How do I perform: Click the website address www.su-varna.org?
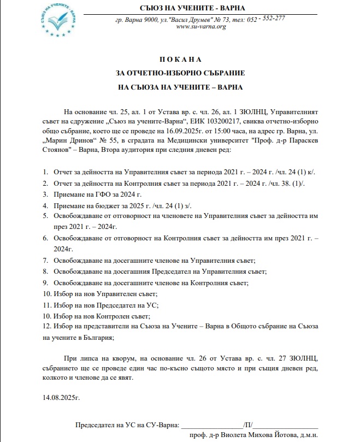(x=202, y=26)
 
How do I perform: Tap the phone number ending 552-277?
(x=274, y=18)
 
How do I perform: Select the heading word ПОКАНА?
(x=181, y=58)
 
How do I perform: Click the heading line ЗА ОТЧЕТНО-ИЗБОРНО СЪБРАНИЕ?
(x=181, y=72)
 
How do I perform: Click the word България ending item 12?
(x=96, y=338)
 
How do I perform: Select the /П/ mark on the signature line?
(x=248, y=425)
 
